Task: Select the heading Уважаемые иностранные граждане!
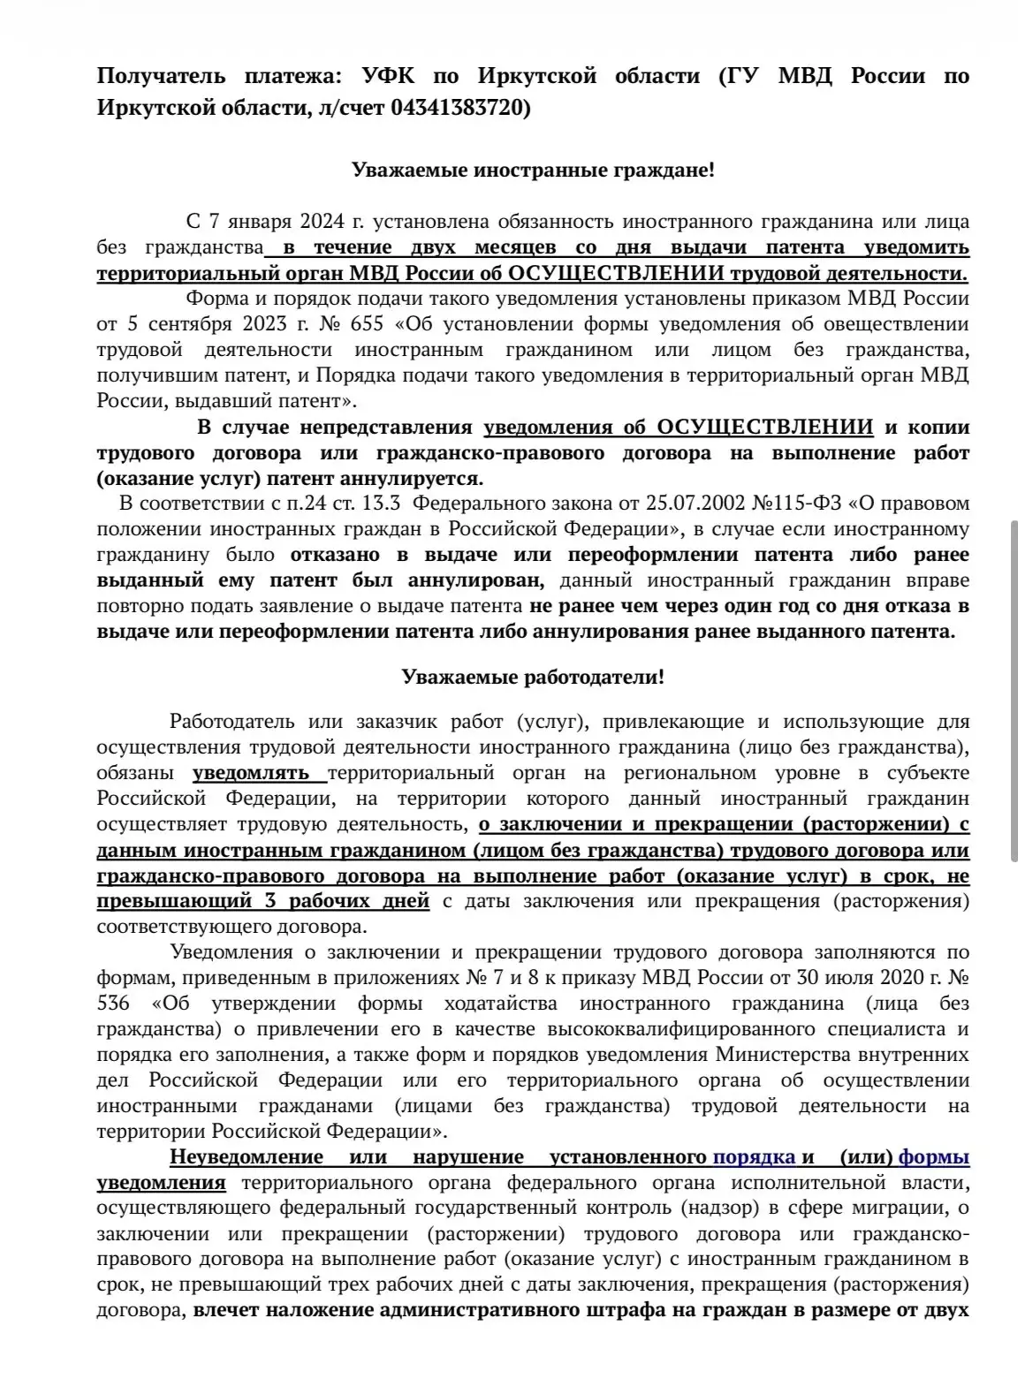533,170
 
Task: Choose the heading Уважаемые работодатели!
533,678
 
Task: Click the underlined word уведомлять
250,773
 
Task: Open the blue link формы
934,1157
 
